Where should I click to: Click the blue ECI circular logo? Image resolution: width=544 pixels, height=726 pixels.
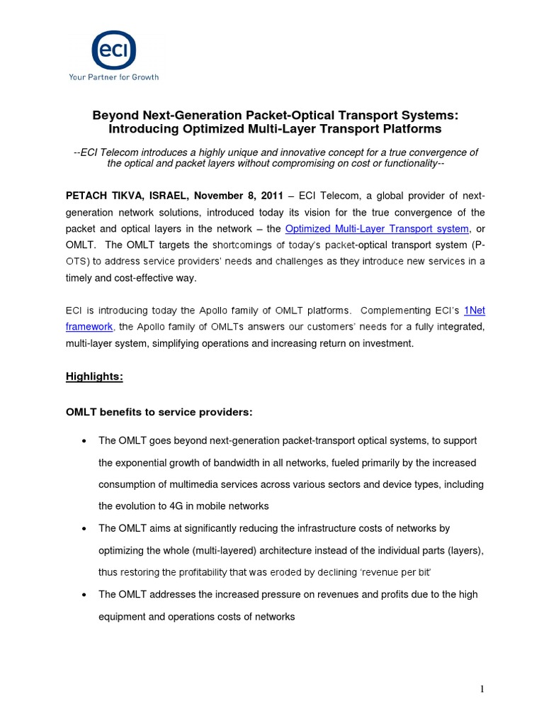pyautogui.click(x=113, y=50)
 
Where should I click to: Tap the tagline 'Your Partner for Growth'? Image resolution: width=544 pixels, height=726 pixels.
pyautogui.click(x=113, y=77)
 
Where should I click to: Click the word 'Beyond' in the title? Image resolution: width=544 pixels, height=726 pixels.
pyautogui.click(x=113, y=115)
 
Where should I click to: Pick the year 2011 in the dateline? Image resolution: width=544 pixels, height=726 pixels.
pyautogui.click(x=271, y=195)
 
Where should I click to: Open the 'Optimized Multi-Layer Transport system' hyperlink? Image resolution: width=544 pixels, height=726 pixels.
pyautogui.click(x=377, y=228)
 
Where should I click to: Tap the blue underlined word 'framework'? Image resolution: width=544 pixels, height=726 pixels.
pyautogui.click(x=89, y=327)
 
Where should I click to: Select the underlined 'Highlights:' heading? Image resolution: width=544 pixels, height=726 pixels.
pyautogui.click(x=95, y=377)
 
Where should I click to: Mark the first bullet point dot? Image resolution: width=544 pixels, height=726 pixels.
pyautogui.click(x=84, y=441)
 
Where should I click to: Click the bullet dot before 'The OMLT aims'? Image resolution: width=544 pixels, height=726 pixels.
pyautogui.click(x=84, y=529)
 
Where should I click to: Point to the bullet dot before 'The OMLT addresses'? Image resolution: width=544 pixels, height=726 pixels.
pyautogui.click(x=84, y=595)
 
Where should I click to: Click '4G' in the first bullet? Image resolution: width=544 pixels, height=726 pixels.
pyautogui.click(x=176, y=506)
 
